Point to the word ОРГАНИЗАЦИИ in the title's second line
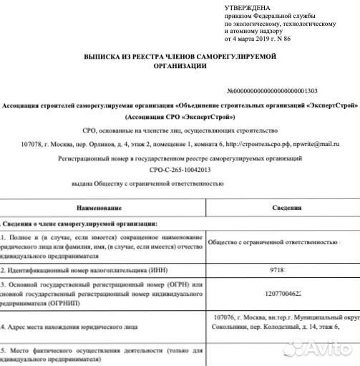click(179, 66)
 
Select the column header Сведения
click(285, 207)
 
